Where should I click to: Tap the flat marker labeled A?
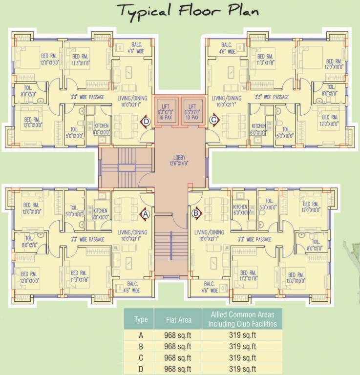pos(145,213)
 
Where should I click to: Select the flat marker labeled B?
pos(196,213)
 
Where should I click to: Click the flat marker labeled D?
pos(145,121)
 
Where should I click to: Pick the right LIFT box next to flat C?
pos(192,112)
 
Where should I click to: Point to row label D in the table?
pos(141,369)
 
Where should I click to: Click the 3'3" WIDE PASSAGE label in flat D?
pos(88,97)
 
